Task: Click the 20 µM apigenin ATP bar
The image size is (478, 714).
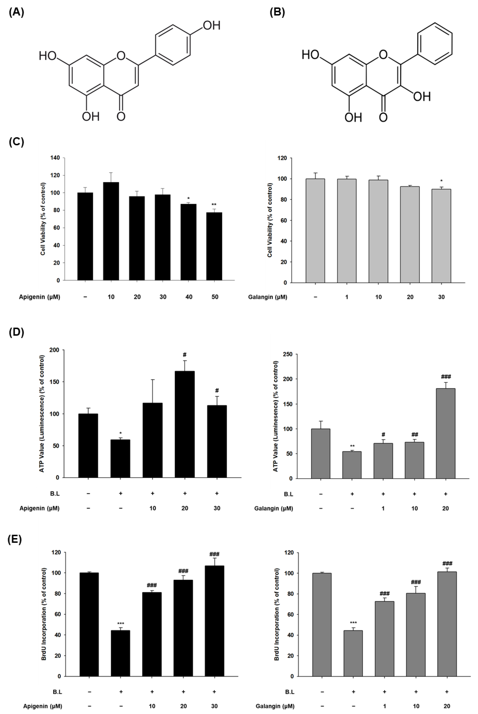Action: pos(184,424)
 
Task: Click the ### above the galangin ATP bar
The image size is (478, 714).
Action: pos(446,377)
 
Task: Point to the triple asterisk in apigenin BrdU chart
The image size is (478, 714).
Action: pos(120,624)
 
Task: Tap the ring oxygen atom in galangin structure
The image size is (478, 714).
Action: pos(383,55)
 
